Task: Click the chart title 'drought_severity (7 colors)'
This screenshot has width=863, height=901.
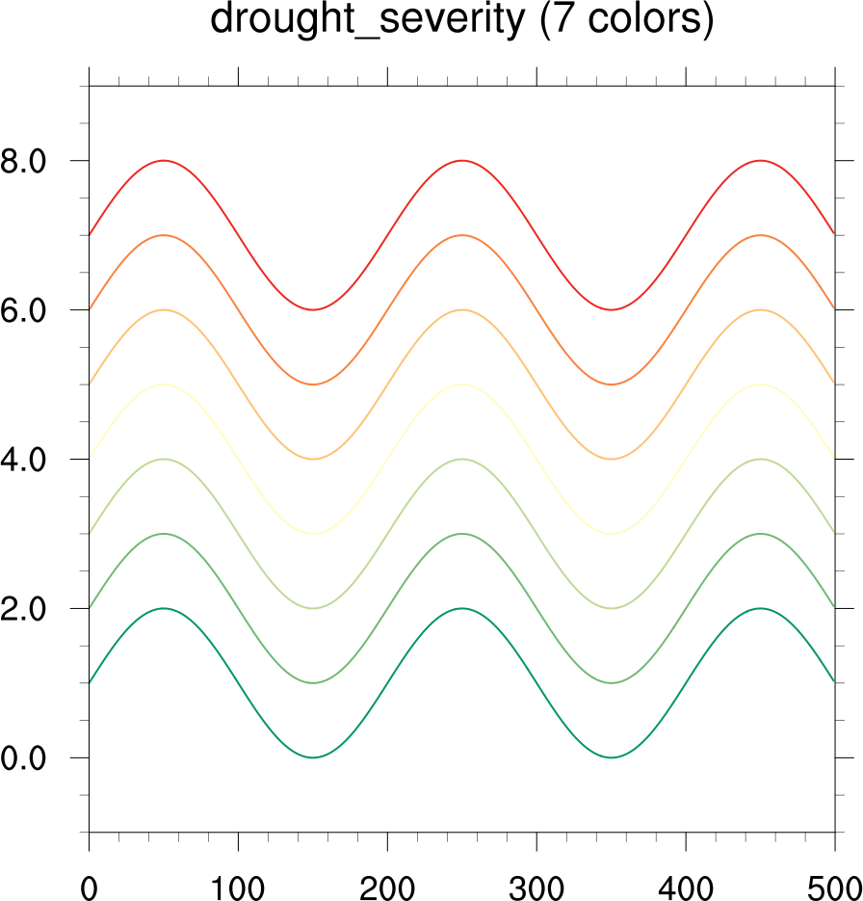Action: (462, 20)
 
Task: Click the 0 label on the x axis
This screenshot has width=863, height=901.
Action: (89, 886)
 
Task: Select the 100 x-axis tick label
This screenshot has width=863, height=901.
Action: (238, 886)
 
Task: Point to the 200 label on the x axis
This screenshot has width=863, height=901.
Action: (387, 886)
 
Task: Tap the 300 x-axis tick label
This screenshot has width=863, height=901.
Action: (536, 886)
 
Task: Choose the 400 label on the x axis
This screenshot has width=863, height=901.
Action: (686, 886)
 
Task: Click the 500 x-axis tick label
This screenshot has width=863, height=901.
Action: (833, 886)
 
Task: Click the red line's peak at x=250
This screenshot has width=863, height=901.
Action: (462, 160)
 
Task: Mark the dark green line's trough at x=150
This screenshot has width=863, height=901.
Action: (313, 757)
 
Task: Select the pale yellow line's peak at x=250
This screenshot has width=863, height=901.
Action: (462, 384)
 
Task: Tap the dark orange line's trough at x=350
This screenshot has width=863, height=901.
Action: (612, 384)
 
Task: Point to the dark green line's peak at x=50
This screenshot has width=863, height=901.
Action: (164, 608)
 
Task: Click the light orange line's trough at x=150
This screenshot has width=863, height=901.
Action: (313, 459)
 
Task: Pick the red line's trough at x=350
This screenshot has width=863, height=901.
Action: (612, 309)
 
